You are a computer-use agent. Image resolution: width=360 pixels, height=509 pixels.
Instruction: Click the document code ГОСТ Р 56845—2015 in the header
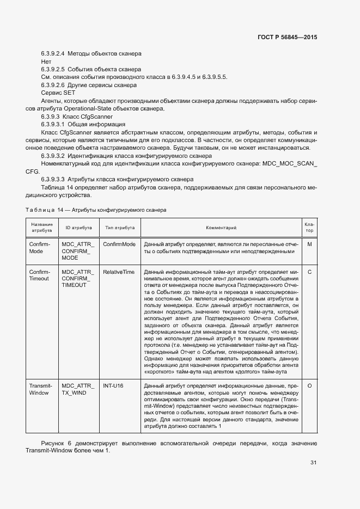(286, 38)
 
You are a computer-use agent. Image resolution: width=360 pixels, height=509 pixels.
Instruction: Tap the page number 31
(313, 463)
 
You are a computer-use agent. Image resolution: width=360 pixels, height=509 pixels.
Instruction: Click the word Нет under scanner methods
(46, 62)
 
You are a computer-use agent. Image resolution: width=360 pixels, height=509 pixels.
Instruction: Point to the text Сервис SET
(54, 93)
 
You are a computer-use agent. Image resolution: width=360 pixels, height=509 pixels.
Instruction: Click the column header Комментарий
(221, 228)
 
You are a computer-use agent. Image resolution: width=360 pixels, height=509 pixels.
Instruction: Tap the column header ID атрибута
(78, 228)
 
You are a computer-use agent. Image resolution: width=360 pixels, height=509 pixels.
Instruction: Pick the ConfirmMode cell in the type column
(119, 244)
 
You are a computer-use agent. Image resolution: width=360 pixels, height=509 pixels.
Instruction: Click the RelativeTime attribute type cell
(119, 271)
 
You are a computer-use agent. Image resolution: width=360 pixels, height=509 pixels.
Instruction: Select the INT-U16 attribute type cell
(113, 385)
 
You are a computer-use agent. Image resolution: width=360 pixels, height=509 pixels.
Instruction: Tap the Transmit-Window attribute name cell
(39, 389)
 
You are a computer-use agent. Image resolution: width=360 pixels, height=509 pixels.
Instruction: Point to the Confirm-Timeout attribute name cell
(39, 274)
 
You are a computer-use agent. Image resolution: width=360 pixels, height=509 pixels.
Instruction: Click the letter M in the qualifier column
(309, 244)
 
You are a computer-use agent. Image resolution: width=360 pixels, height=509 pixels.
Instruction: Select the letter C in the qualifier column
(309, 271)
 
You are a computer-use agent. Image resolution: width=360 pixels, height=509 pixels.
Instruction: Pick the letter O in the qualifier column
(309, 385)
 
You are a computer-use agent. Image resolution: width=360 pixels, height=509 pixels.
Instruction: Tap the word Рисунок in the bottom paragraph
(54, 444)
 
